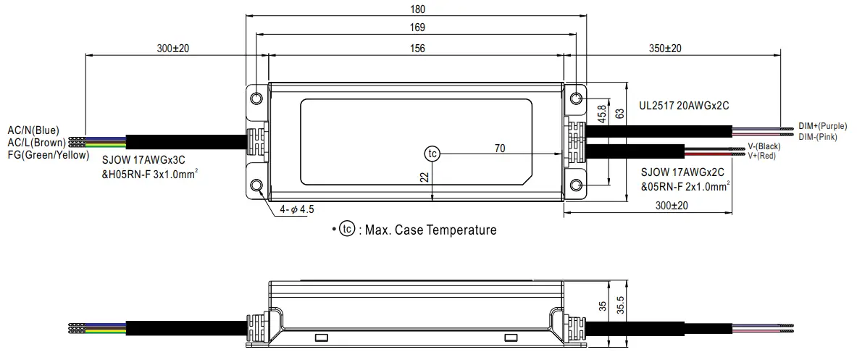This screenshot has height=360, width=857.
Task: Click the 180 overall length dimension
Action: [x=417, y=9]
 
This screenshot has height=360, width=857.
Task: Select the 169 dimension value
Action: [x=417, y=28]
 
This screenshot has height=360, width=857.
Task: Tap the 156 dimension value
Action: [x=417, y=48]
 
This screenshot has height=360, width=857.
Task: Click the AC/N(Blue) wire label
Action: [x=33, y=130]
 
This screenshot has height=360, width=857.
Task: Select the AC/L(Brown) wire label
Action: [x=36, y=143]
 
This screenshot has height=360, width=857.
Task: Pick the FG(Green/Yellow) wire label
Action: [x=48, y=155]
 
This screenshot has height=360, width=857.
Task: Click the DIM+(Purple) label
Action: [x=822, y=125]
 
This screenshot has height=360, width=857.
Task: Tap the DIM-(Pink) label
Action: [x=818, y=136]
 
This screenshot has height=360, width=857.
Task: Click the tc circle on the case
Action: [x=432, y=154]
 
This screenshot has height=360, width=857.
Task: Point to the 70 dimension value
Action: [x=499, y=148]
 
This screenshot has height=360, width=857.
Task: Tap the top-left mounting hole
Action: [x=257, y=98]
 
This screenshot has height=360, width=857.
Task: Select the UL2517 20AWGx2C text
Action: [x=683, y=105]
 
